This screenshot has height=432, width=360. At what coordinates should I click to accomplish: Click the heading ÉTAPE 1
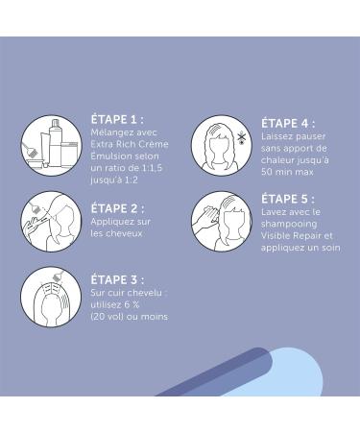[x=117, y=120]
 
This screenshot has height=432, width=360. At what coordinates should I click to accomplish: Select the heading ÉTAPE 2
[x=117, y=208]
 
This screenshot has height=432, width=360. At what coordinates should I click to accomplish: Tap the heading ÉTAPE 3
[x=117, y=279]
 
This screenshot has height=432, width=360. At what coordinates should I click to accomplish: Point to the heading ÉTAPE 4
[x=288, y=124]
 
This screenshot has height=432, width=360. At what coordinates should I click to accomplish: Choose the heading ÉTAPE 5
[x=288, y=199]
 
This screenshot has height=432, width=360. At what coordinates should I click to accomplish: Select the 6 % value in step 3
[x=132, y=304]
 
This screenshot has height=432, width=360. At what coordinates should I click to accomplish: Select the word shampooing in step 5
[x=289, y=224]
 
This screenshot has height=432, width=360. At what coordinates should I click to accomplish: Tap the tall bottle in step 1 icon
[x=55, y=141]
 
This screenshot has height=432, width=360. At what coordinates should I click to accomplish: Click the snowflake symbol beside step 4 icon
[x=241, y=138]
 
